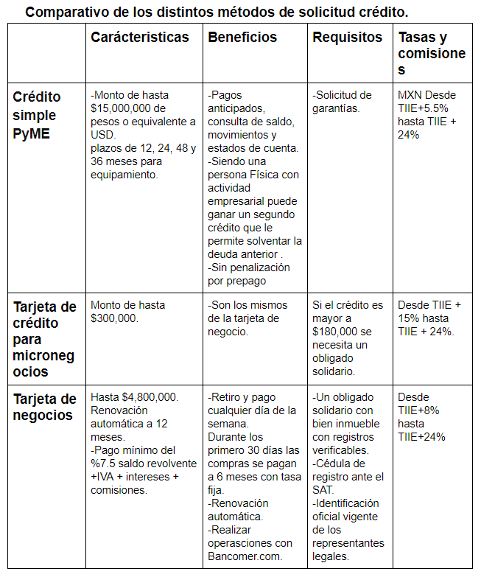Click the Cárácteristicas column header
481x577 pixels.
point(139,38)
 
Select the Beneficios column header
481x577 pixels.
point(242,38)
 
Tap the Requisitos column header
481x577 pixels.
point(347,38)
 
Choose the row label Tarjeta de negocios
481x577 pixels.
point(44,407)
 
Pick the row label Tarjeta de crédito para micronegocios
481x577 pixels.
point(44,338)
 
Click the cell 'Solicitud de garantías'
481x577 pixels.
point(344,102)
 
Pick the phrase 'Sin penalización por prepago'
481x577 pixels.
point(249,273)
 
